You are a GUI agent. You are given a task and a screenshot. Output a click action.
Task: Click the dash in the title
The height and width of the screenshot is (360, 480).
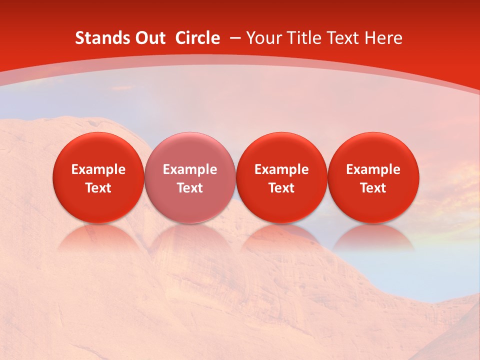coord(234,38)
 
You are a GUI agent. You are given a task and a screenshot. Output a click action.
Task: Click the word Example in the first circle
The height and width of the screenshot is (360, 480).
coord(98,169)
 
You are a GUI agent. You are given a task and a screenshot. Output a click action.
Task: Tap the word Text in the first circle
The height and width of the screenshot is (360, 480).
coord(98,188)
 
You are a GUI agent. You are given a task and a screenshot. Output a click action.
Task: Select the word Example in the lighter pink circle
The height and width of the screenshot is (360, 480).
coord(190,169)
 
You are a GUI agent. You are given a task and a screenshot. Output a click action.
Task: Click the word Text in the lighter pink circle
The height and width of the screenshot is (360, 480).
coord(190,188)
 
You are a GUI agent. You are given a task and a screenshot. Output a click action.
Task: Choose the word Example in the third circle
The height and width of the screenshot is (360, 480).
coord(281,169)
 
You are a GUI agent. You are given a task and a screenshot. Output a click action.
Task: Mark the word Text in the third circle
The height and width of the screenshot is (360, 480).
coord(281,188)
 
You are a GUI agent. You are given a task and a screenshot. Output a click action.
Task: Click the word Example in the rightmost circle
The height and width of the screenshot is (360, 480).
coord(373,169)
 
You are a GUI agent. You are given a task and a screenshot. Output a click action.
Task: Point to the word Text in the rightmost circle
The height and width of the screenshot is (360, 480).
coord(373,188)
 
